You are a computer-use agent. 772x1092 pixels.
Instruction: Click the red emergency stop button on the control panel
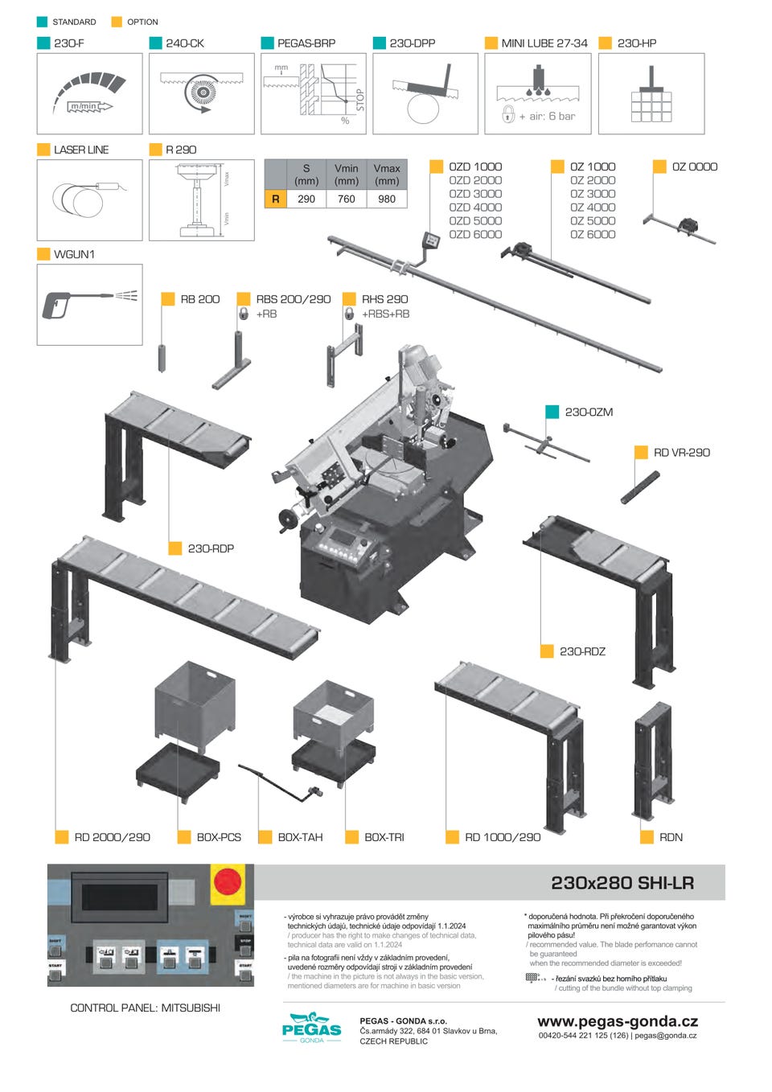coord(228,881)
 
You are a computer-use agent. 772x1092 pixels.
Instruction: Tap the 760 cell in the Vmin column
coord(347,199)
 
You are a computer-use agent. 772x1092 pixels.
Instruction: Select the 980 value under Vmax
coord(387,199)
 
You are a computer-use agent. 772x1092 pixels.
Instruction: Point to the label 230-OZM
coord(589,412)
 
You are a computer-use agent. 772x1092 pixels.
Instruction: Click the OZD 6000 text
coord(475,234)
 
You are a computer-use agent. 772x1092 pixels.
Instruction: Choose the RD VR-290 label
coord(681,453)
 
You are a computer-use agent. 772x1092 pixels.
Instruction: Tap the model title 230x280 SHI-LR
coord(622,883)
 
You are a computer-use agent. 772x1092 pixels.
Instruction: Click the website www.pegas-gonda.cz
coord(618,1021)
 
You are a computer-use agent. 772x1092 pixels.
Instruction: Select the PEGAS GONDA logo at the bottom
coord(311,1028)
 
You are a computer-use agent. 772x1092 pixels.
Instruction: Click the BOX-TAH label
coord(300,837)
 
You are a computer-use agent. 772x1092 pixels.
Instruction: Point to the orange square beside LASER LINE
coord(43,150)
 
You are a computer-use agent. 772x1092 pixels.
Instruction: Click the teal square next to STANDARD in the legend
coord(42,22)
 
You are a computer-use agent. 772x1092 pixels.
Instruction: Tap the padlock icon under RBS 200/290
coord(244,314)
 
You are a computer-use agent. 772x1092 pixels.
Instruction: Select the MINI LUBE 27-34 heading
coord(544,43)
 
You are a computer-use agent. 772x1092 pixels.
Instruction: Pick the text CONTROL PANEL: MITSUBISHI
coord(145,1008)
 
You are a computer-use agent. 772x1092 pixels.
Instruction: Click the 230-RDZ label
coord(582,651)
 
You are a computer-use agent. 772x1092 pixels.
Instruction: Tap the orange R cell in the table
coord(276,199)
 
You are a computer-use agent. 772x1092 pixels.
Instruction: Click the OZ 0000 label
coord(694,166)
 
